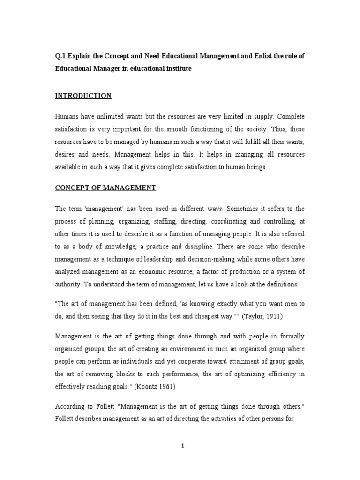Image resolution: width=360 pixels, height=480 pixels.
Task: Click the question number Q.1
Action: [x=61, y=56]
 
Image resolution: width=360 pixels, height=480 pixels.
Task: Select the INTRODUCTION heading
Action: [x=83, y=96]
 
